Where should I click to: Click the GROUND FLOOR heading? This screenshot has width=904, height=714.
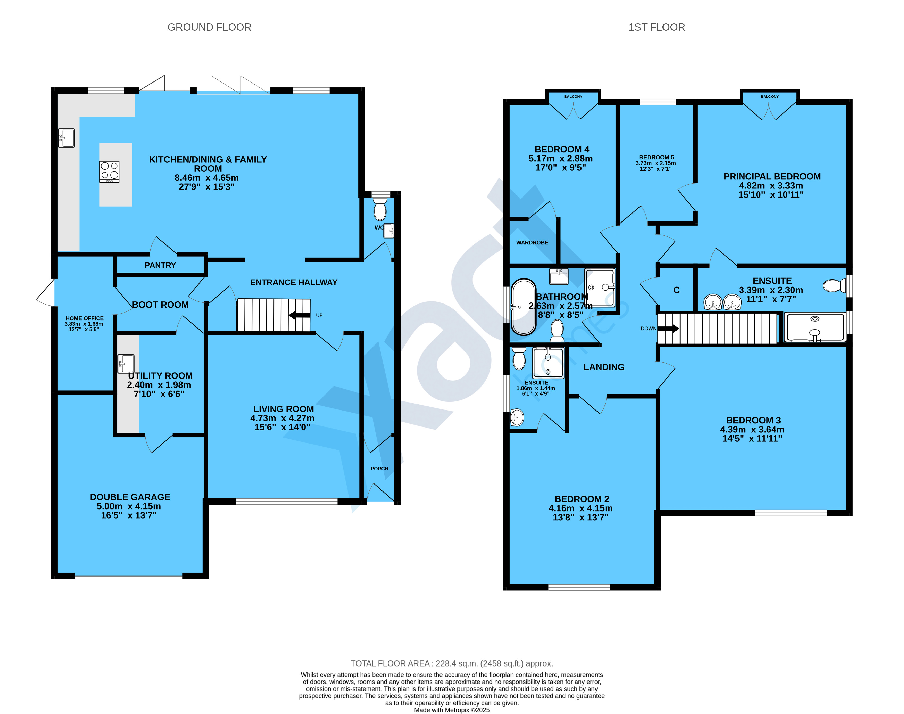209,27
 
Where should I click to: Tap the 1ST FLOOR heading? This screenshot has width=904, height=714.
657,27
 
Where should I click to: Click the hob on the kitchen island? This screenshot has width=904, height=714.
110,172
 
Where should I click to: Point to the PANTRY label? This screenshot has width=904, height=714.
160,265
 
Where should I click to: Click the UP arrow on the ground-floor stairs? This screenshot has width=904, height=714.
299,315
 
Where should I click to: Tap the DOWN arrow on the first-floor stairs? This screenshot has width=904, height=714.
668,329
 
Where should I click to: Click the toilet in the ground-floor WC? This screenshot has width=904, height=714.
380,209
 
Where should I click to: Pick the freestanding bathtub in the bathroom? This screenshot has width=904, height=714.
523,307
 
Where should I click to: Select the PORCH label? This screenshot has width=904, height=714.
379,469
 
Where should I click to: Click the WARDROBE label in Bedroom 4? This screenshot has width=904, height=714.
532,242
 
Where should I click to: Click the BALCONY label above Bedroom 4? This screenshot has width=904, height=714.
573,96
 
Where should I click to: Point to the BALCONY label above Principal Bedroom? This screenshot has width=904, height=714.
769,96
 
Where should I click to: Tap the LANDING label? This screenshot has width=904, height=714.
604,367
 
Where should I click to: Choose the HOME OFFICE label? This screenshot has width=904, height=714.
85,318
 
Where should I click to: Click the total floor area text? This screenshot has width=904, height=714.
452,663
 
